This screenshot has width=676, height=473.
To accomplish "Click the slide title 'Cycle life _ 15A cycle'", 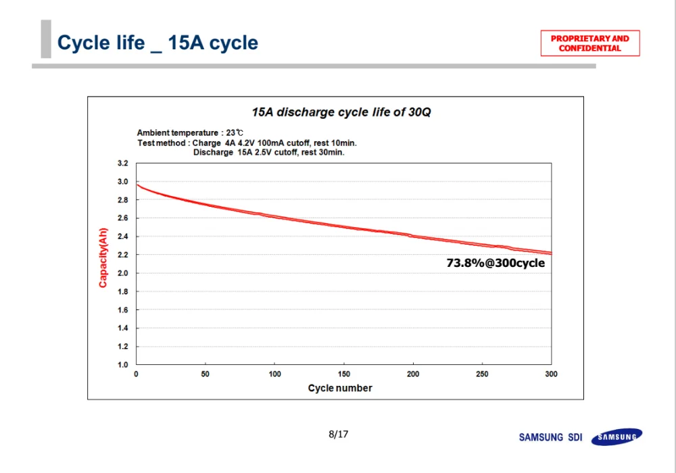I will tap(158, 43).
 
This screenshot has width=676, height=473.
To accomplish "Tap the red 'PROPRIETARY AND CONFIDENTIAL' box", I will tap(589, 43).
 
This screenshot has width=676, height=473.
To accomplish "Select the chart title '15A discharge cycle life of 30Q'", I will tap(341, 112).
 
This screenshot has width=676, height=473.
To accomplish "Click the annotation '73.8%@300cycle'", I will tap(496, 264).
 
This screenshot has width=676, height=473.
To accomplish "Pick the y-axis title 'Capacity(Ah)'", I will tap(103, 257).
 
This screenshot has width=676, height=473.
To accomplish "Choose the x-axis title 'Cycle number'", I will tap(340, 388).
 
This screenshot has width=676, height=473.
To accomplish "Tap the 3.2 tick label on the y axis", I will tap(122, 164).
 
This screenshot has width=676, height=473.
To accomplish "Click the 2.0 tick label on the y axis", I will tap(122, 274).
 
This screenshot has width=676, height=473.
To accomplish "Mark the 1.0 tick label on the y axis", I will tap(122, 365).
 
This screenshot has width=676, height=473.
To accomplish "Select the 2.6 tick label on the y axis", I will tap(122, 218).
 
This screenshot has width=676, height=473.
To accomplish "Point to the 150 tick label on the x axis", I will tap(343, 374).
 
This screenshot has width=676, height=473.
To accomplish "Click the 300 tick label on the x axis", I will tap(551, 374).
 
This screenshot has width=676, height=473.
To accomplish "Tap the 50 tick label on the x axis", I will tap(206, 374).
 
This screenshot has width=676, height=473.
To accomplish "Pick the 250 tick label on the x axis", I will tap(482, 374).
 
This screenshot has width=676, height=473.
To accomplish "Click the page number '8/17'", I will tap(338, 434).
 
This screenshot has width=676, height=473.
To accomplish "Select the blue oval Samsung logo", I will tap(617, 437).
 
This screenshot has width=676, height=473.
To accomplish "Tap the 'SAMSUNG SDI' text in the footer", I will tap(550, 437).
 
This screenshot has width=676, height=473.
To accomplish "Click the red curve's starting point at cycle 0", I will tap(137, 184).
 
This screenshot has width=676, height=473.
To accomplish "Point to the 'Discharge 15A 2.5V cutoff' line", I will tap(268, 153).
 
